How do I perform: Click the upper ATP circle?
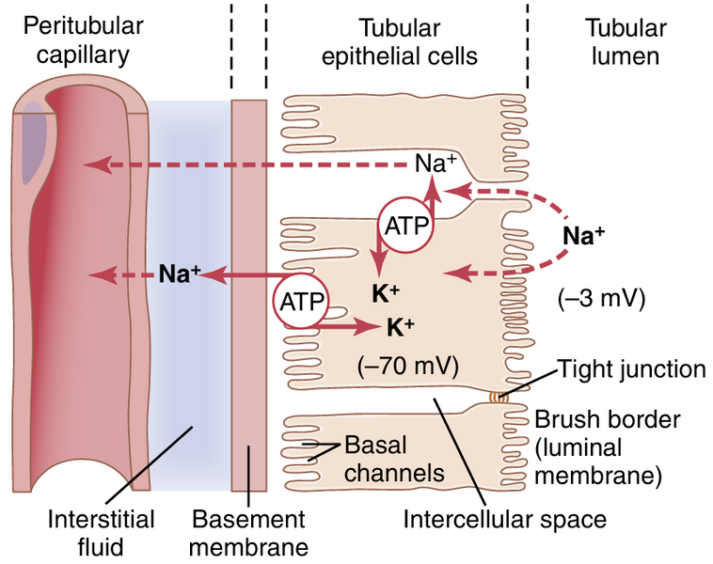(x=405, y=225)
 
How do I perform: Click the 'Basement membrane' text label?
(x=248, y=531)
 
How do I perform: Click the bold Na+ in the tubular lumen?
(x=583, y=236)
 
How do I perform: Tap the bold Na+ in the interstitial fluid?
(x=180, y=276)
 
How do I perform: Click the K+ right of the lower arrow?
(x=400, y=327)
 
